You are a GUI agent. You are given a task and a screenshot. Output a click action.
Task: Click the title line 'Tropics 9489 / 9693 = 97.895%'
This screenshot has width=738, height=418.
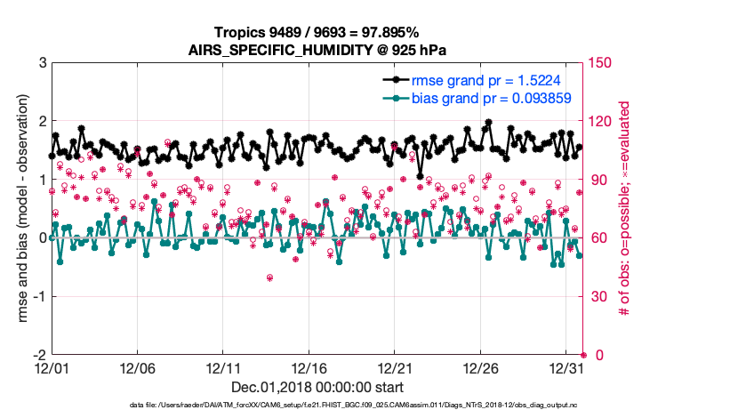click(317, 33)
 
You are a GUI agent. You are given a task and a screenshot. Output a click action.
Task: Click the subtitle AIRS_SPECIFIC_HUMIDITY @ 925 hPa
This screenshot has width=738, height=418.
click(317, 49)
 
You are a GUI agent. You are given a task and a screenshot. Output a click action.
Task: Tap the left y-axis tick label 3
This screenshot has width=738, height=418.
click(42, 63)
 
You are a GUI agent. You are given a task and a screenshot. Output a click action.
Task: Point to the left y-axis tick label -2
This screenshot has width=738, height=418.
click(39, 355)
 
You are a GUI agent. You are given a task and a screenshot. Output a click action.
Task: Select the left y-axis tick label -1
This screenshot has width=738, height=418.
click(39, 296)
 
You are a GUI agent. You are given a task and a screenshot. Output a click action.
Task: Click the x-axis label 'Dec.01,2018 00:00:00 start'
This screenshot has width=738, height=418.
click(317, 387)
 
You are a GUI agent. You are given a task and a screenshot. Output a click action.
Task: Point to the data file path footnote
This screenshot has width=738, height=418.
click(317, 406)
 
